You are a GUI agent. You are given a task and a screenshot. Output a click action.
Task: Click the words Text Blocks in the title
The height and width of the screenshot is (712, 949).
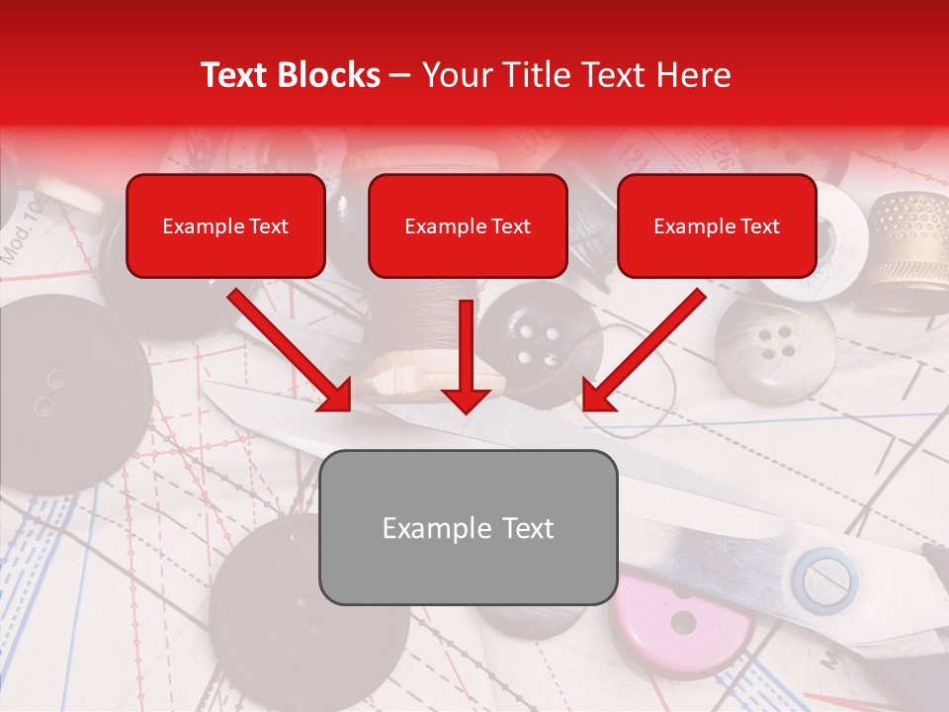coord(290,75)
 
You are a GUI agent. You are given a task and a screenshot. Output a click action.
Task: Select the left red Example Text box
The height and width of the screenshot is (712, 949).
coord(225,226)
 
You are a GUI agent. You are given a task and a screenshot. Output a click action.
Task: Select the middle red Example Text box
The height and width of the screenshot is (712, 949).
coord(468,226)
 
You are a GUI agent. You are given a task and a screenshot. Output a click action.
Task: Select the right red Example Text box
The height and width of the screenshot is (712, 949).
coord(717,226)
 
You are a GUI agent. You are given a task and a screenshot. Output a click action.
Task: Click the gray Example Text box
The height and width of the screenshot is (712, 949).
coord(469,527)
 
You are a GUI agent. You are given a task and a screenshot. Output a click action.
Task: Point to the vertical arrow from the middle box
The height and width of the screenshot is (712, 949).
coord(466,356)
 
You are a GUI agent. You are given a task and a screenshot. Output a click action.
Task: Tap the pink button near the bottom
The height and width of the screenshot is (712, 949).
coord(682,623)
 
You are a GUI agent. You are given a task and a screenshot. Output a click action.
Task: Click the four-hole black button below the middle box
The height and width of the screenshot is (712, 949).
coord(539,341)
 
